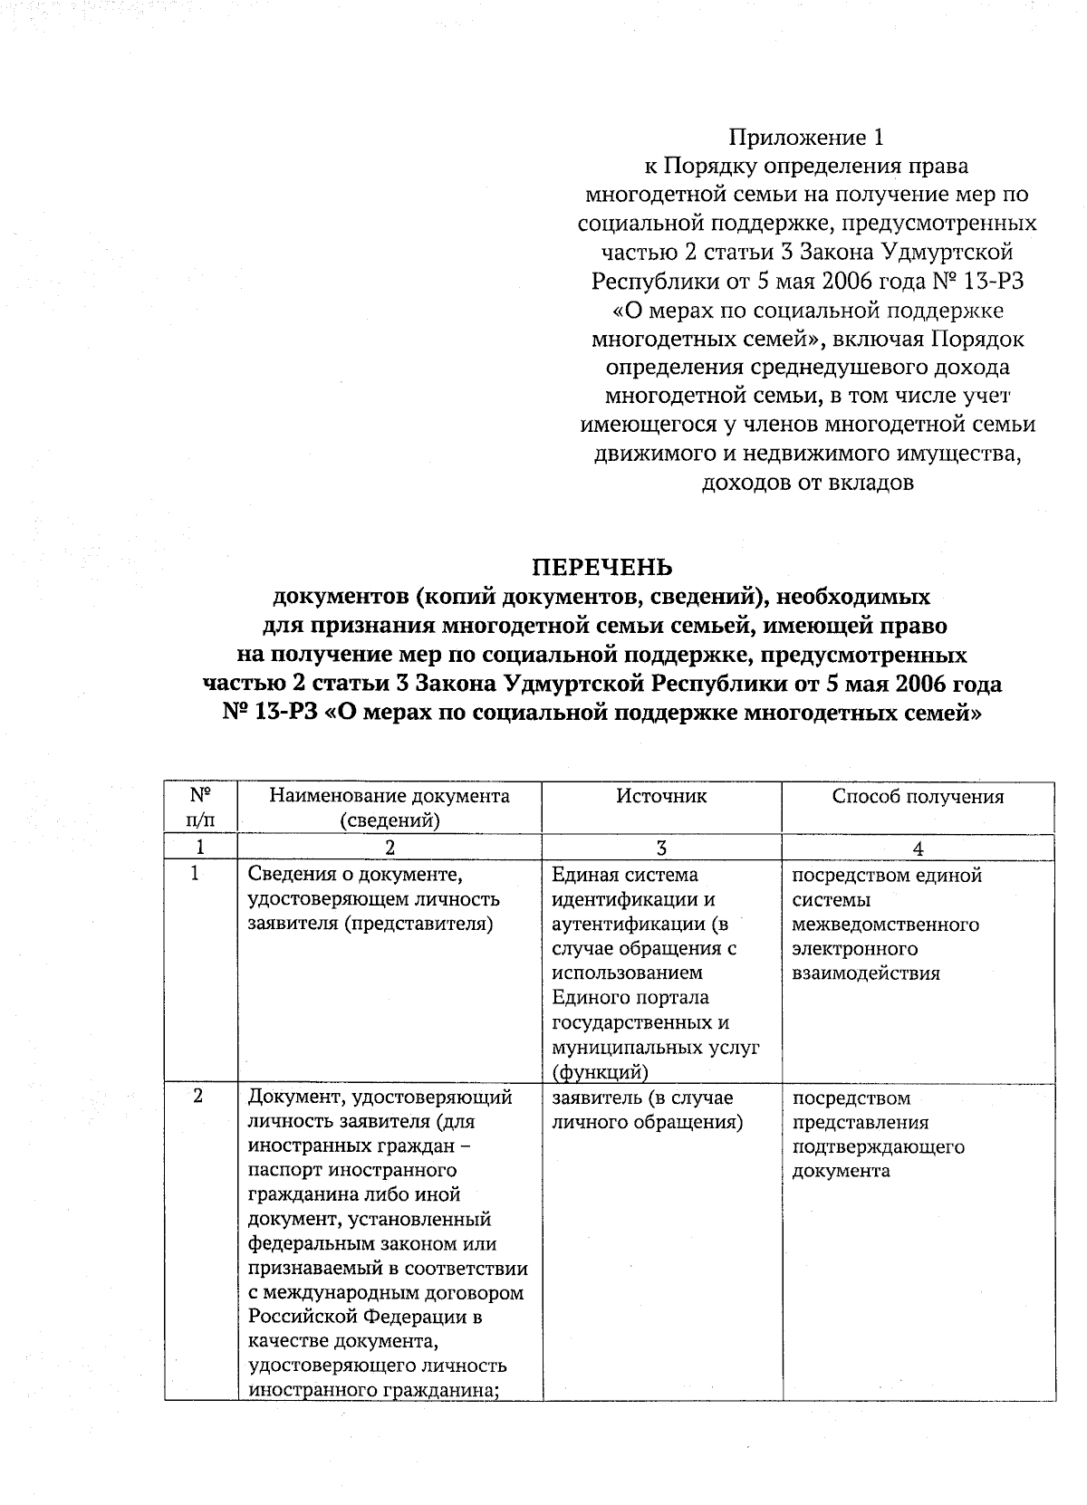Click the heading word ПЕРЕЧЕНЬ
point(601,567)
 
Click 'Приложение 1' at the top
point(805,138)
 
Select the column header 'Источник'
point(661,796)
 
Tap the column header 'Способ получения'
point(918,796)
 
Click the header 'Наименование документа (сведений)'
point(390,808)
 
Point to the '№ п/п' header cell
point(200,808)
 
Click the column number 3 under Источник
point(661,848)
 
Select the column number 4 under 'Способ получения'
point(918,848)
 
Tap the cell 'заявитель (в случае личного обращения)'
point(647,1110)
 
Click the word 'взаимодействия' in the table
point(865,973)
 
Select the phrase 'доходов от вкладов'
point(807,483)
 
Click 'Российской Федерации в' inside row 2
point(365,1317)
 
